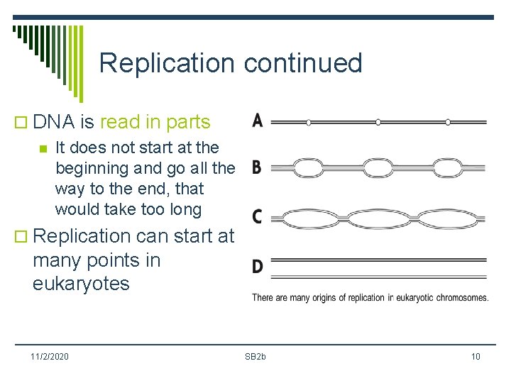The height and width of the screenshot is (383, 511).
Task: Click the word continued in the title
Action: point(303,63)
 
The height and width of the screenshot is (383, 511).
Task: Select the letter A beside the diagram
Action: point(257,121)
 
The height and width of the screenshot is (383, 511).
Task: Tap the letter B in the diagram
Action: point(256,168)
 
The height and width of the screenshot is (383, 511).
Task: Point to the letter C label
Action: point(257,216)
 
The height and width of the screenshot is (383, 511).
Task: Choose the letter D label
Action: point(257,267)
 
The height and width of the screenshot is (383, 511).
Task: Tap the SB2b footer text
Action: point(255,356)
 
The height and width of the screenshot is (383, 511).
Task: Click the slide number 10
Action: point(475,356)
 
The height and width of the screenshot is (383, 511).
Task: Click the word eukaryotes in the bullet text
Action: point(81,284)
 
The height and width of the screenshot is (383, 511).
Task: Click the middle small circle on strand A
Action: point(378,122)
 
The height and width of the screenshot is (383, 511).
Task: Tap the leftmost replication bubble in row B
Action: point(308,168)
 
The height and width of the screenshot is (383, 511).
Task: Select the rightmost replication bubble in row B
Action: point(448,168)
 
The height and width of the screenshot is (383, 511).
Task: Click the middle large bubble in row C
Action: point(378,216)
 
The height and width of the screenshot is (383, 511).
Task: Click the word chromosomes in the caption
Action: point(458,298)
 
